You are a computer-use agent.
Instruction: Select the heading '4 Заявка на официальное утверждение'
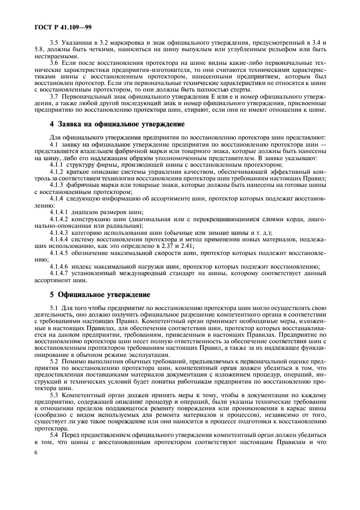[100, 125]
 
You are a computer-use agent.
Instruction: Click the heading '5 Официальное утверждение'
[93, 295]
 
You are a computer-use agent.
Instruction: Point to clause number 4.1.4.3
[60, 231]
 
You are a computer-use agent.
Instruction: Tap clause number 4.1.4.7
[60, 273]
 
